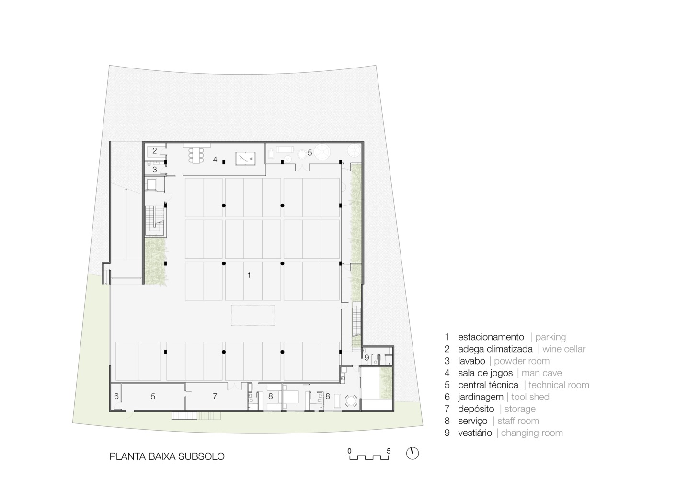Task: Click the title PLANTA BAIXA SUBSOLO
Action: pos(167,456)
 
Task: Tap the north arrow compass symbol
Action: pos(413,453)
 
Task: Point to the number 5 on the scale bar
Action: pos(389,451)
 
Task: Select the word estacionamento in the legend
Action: pos(491,337)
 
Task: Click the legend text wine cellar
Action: pos(564,349)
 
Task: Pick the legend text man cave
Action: pos(542,373)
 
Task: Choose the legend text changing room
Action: pos(532,433)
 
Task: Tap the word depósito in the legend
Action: pos(476,409)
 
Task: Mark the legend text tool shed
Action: pos(530,397)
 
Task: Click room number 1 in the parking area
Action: pos(249,275)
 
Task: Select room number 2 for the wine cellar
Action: pos(154,151)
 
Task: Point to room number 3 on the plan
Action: pos(154,170)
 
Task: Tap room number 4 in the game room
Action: pos(215,160)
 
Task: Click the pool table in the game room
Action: pos(246,159)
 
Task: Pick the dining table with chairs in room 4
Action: pos(196,155)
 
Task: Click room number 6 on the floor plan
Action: pos(116,396)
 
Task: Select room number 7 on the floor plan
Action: pos(215,396)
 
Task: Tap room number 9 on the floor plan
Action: pos(367,358)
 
